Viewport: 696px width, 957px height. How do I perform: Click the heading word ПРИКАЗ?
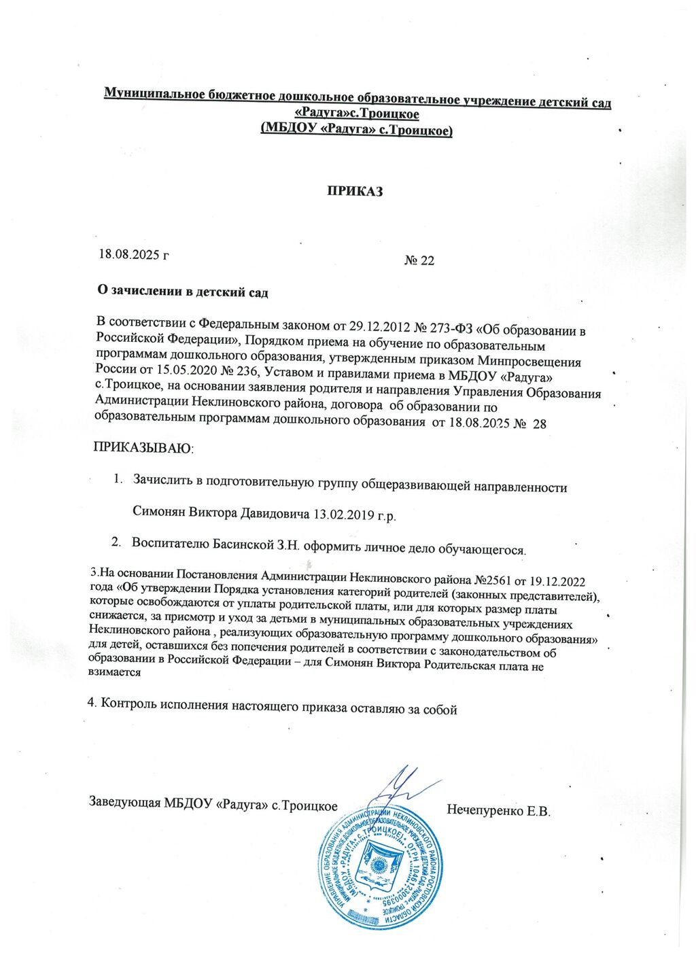pyautogui.click(x=355, y=191)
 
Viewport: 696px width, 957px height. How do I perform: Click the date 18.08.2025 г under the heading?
pyautogui.click(x=134, y=255)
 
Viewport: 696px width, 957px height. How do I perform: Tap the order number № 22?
pyautogui.click(x=419, y=260)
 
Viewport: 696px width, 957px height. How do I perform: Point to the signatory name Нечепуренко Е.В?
pyautogui.click(x=498, y=810)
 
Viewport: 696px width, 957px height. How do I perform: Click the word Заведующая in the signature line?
pyautogui.click(x=125, y=801)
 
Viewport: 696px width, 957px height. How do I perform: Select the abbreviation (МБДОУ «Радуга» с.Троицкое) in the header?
pyautogui.click(x=357, y=129)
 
